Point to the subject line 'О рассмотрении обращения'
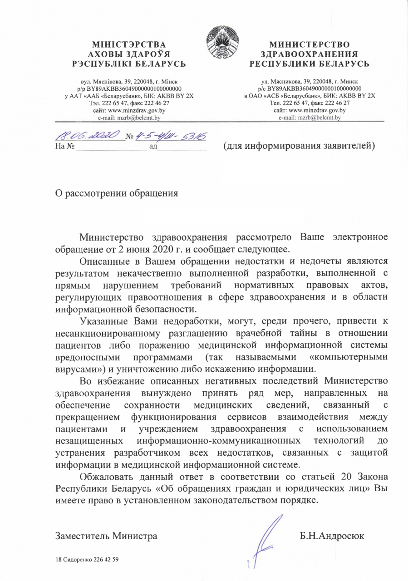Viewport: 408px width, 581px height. [x=117, y=192]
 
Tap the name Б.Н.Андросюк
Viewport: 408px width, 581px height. [x=331, y=536]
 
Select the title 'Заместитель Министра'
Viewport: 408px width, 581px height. [x=106, y=536]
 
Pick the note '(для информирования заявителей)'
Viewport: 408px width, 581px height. [x=299, y=146]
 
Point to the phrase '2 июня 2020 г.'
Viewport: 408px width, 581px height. [x=154, y=249]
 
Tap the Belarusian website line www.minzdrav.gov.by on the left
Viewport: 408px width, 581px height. [x=128, y=110]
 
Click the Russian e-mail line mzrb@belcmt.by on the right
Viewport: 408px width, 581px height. [x=310, y=117]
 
